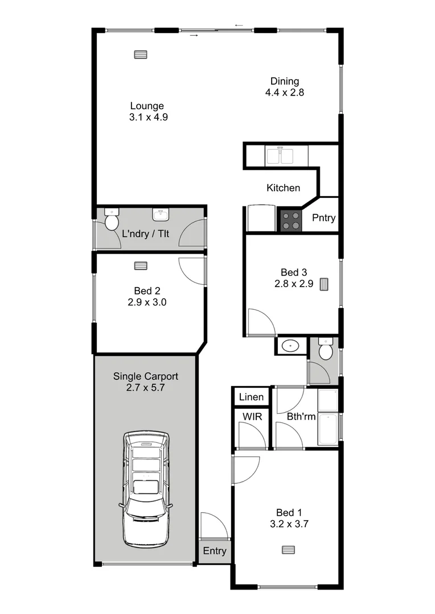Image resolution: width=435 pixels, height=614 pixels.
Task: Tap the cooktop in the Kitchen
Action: click(290, 221)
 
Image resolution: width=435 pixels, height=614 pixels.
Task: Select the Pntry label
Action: click(324, 218)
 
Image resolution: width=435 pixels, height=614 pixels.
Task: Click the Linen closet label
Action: click(251, 397)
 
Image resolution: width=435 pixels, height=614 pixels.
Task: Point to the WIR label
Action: click(252, 417)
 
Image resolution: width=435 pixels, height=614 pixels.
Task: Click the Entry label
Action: click(215, 551)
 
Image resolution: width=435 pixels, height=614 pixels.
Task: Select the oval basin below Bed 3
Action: click(292, 345)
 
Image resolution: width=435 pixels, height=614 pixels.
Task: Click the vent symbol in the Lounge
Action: click(140, 55)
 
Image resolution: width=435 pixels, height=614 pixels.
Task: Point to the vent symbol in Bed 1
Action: click(289, 549)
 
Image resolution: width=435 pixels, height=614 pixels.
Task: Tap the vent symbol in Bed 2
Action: click(141, 265)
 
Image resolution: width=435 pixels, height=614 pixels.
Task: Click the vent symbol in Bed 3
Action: click(325, 284)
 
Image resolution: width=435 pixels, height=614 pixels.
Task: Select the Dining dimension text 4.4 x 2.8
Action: click(285, 92)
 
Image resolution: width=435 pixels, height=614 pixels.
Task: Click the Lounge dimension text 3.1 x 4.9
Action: click(148, 117)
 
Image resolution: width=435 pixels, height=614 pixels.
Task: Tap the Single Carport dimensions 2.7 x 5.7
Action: click(146, 388)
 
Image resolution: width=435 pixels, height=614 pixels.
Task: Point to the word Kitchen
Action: click(283, 188)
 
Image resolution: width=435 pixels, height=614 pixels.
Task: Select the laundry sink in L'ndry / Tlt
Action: click(161, 214)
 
